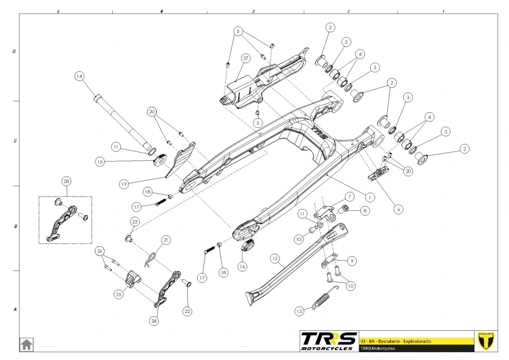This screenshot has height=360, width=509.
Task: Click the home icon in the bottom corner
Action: (26, 344)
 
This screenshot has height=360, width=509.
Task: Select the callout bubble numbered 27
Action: (245, 58)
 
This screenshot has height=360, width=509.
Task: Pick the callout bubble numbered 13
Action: (299, 312)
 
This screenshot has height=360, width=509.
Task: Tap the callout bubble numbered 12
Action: (275, 258)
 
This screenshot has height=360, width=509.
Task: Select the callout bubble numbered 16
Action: (242, 266)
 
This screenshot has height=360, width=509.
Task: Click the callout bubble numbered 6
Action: (398, 209)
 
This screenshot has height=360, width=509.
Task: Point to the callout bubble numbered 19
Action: (124, 183)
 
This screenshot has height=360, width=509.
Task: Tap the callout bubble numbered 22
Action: (187, 312)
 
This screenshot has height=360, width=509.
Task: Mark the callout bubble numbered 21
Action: (166, 240)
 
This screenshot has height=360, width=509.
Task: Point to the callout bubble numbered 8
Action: (365, 211)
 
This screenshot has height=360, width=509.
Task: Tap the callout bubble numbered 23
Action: (135, 222)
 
